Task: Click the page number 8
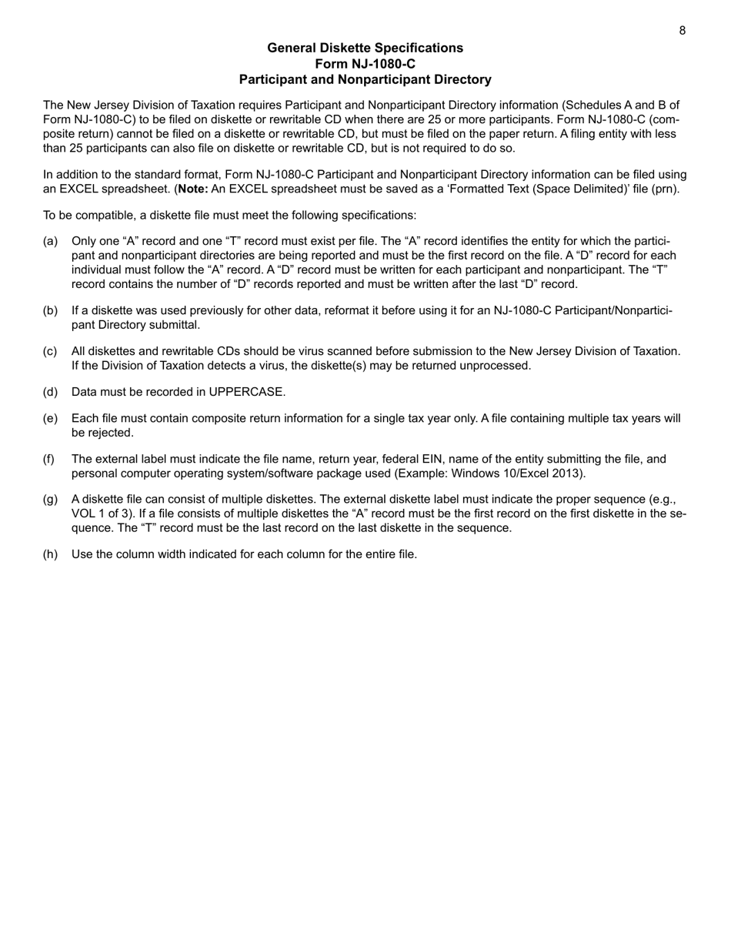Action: coord(682,31)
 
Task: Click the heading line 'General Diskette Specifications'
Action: coord(365,48)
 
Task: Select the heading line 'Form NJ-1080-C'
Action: coord(365,64)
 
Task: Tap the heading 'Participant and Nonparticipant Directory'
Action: coord(365,79)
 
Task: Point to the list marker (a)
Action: coord(50,242)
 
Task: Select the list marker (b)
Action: coord(50,311)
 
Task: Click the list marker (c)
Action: coord(50,351)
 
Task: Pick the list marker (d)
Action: coord(50,392)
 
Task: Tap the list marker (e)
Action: coord(50,419)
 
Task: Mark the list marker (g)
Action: coord(50,500)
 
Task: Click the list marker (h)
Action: coord(50,554)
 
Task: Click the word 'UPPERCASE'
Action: coord(245,392)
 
